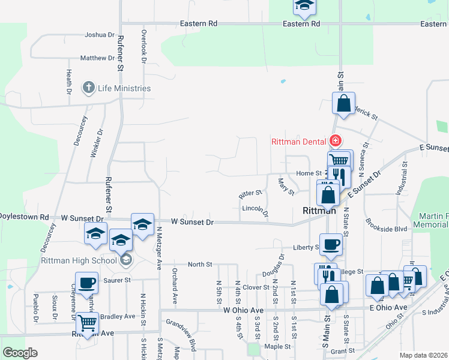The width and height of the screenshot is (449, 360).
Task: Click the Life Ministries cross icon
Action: [88, 88]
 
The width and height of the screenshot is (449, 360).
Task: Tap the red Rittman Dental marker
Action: [335, 142]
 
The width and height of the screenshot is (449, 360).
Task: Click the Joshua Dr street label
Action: [95, 35]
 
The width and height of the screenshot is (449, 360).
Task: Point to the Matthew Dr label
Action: [97, 58]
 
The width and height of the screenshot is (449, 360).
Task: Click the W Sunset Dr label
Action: [193, 222]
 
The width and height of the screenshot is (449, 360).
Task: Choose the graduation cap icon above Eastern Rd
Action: [304, 6]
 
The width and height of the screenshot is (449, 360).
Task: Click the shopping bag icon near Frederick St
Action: [343, 103]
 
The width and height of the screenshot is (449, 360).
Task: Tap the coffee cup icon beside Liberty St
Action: [330, 244]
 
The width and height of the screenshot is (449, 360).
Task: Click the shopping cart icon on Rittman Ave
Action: [88, 323]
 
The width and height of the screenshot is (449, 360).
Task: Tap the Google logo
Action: [20, 353]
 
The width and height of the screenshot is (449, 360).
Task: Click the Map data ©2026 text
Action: [423, 355]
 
